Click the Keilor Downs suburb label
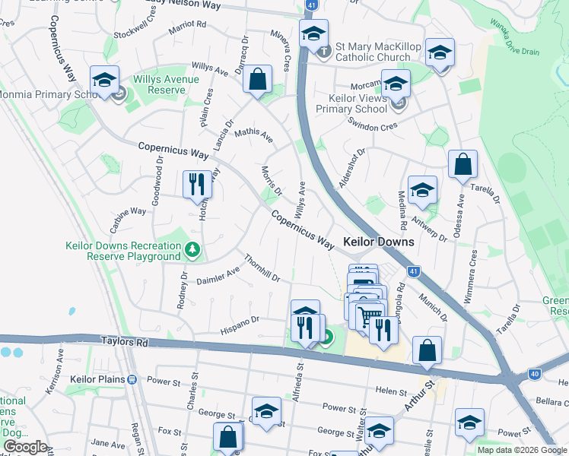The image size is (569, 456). [x=379, y=242]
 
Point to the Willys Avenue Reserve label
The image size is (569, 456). [x=166, y=84]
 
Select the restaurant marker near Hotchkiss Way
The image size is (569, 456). [x=197, y=184]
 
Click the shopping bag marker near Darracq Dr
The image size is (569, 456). [x=258, y=79]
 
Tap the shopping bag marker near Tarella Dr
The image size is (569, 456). [x=463, y=164]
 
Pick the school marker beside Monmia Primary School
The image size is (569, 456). [x=105, y=80]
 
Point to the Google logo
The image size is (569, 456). [x=25, y=447]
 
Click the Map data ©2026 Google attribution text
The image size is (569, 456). [x=523, y=450]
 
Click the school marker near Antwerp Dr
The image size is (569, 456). [x=422, y=191]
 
